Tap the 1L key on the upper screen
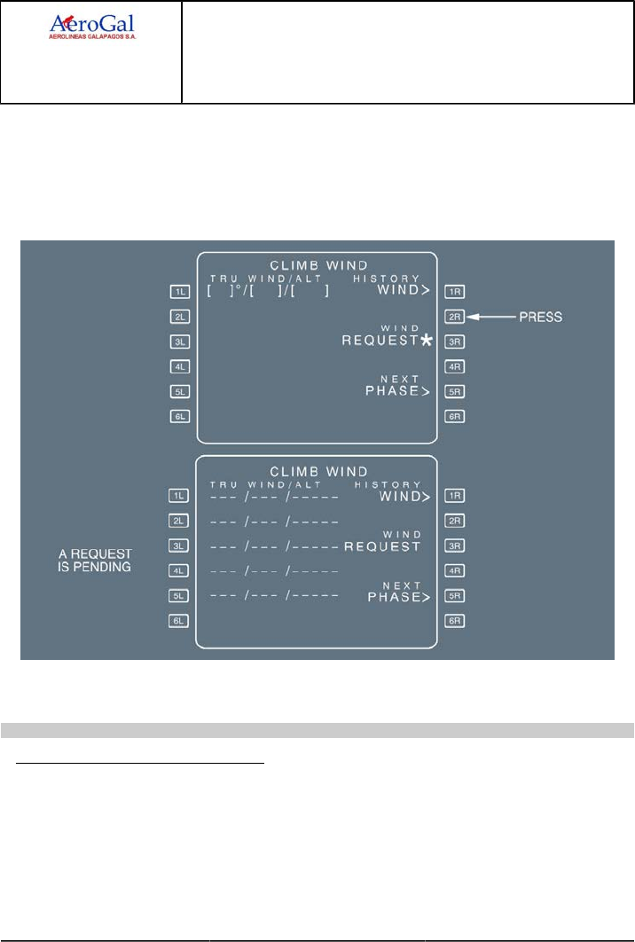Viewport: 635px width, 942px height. [180, 291]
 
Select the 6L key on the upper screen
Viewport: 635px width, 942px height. [180, 416]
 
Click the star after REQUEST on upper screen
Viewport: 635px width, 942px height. [427, 341]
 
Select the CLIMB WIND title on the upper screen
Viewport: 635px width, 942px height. [317, 264]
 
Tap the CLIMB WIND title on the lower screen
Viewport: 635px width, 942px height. [317, 471]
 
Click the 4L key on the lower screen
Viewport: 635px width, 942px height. [180, 571]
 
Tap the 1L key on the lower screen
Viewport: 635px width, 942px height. [180, 497]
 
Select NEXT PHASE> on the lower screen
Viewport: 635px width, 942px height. [398, 592]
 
